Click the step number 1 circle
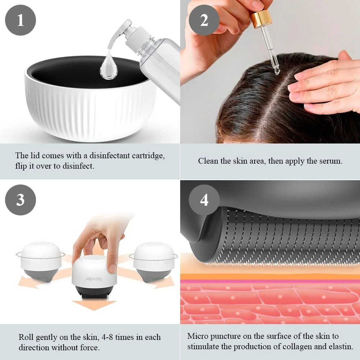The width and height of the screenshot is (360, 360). tap(20, 20)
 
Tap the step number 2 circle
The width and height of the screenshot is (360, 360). tap(204, 20)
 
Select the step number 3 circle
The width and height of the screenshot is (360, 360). tap(20, 200)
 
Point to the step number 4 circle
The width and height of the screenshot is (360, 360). tap(204, 200)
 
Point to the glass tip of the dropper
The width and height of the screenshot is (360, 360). tap(277, 70)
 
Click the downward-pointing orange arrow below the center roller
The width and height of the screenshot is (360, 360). tap(94, 305)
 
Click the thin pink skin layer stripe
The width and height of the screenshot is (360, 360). tap(270, 281)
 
